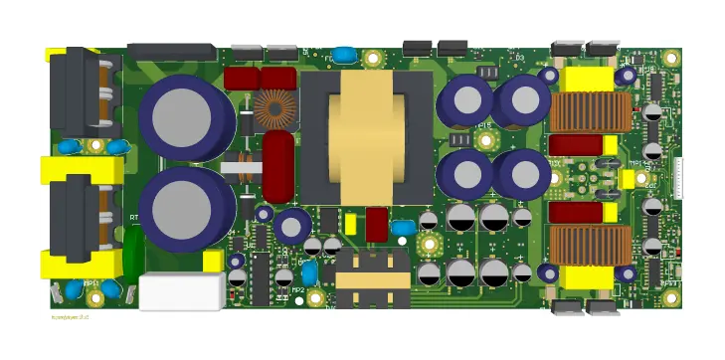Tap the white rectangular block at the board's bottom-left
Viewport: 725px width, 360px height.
coord(180,291)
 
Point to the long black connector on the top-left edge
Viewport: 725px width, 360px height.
coord(172,52)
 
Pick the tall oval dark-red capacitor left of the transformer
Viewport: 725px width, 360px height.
coord(278,166)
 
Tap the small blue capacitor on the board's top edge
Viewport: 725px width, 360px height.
coord(344,54)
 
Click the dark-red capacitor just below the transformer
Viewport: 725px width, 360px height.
coord(377,225)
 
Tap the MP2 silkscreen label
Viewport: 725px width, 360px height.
coord(297,290)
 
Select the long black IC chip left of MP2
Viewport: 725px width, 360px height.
coord(261,277)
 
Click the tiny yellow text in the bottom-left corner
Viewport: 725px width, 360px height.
coord(70,316)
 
